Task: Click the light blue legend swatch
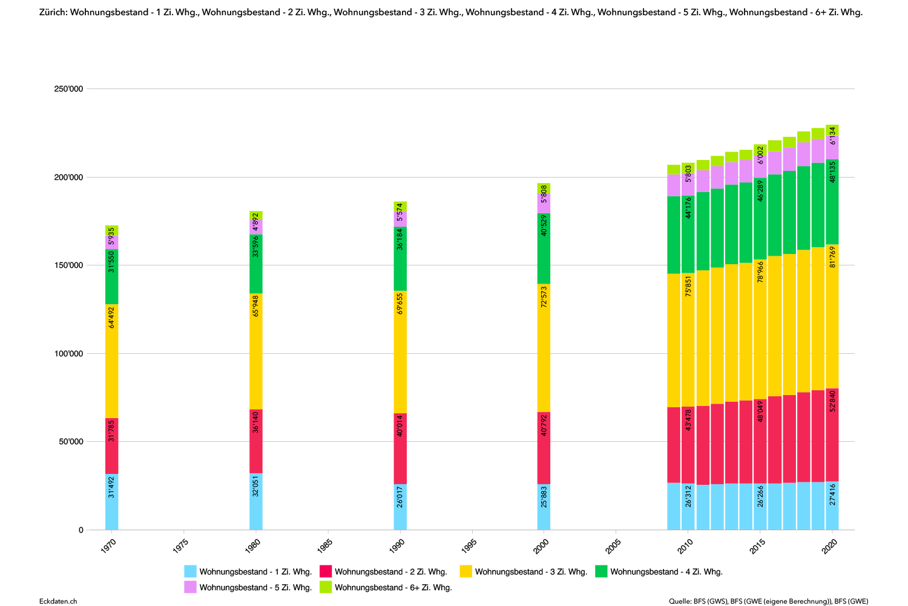click(x=190, y=571)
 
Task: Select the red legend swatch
click(x=326, y=571)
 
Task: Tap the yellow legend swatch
click(x=466, y=571)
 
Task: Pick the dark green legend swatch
click(x=601, y=571)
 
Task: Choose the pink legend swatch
click(x=190, y=587)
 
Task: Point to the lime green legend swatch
click(x=326, y=587)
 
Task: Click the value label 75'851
click(x=688, y=285)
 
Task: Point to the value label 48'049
click(x=760, y=411)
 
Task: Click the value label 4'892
click(x=255, y=222)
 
